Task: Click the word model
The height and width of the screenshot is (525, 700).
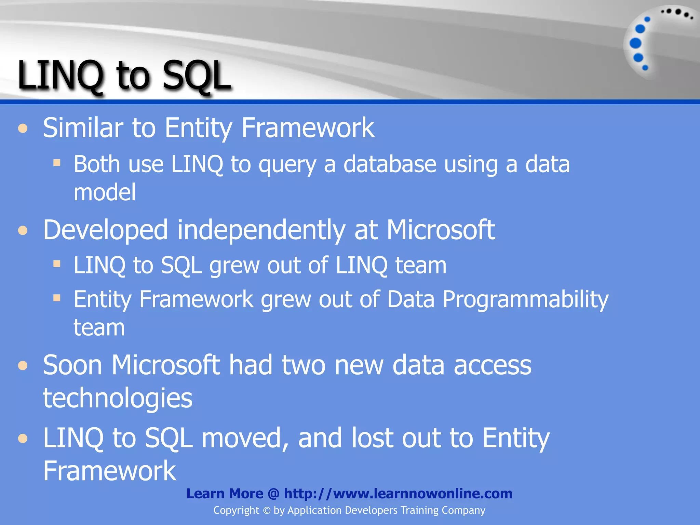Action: (105, 192)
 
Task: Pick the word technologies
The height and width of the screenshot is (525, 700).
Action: (118, 398)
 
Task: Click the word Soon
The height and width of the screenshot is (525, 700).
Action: (72, 365)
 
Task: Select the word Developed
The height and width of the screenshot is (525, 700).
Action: (105, 230)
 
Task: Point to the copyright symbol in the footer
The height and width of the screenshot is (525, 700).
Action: (267, 511)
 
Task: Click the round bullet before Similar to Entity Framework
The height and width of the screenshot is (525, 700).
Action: (23, 129)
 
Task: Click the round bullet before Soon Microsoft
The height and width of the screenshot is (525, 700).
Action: (23, 366)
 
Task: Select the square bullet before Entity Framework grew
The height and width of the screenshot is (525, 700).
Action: (57, 298)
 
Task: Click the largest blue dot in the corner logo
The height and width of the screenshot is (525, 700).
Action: (635, 43)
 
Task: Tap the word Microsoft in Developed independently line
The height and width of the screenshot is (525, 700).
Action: (441, 230)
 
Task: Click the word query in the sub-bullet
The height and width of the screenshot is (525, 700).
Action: (287, 165)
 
